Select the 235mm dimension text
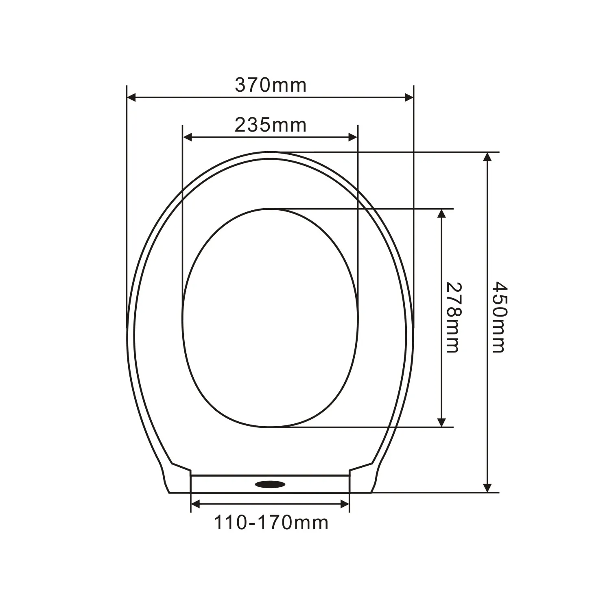[x=270, y=125]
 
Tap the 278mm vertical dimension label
[x=453, y=317]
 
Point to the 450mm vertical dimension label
[x=499, y=317]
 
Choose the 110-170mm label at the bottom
[x=271, y=523]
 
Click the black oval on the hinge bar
[x=270, y=484]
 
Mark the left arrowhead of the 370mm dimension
[x=131, y=97]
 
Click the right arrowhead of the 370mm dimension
[x=409, y=97]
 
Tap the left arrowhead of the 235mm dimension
[x=187, y=137]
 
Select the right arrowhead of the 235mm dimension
[x=353, y=137]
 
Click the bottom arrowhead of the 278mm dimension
[x=441, y=422]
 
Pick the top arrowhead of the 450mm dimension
[x=487, y=157]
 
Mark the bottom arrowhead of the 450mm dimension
[x=487, y=488]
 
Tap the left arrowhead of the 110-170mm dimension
[x=195, y=504]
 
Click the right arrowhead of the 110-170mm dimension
[x=345, y=504]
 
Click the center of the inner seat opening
[x=270, y=318]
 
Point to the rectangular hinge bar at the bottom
[x=228, y=484]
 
